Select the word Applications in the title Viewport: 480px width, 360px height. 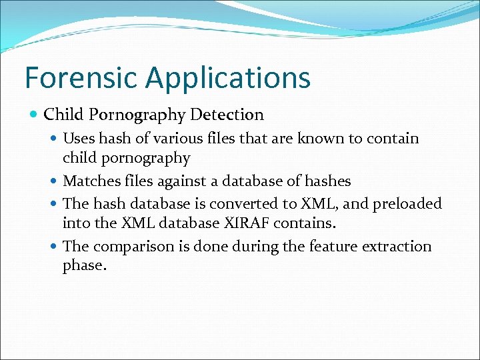pos(228,79)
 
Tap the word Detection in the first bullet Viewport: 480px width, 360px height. pos(227,115)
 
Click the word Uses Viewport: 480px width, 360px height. pos(79,139)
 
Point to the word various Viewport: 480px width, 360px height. pos(172,139)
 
